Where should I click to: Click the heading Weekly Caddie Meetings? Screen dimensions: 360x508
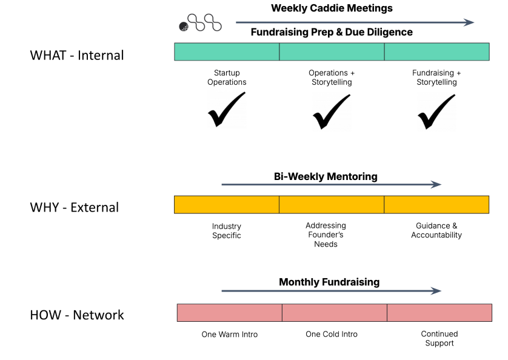[x=332, y=8]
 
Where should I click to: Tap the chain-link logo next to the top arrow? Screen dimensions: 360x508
[x=201, y=23]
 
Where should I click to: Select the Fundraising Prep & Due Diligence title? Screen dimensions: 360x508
[x=332, y=32]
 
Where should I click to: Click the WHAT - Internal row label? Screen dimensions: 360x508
[x=76, y=55]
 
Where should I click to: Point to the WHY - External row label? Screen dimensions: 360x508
[x=75, y=207]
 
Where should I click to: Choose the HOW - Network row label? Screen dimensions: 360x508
[x=76, y=315]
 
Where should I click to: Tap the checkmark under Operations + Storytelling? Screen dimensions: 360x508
[x=331, y=112]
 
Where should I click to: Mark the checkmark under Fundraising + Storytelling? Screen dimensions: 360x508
[x=436, y=112]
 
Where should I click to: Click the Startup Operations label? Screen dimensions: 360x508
[x=227, y=78]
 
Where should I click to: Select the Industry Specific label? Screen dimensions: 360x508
[x=227, y=231]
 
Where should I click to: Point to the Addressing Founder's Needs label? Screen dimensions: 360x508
[x=326, y=235]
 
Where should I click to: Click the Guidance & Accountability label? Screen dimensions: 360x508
[x=436, y=230]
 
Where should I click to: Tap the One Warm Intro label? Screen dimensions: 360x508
[x=230, y=334]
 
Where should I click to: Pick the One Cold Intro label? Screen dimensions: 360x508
[x=332, y=334]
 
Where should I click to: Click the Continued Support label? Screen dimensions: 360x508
[x=439, y=338]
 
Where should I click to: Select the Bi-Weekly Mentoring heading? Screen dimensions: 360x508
[x=326, y=176]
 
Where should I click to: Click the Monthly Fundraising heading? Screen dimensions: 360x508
[x=329, y=282]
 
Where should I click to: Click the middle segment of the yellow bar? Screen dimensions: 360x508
[x=332, y=205]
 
